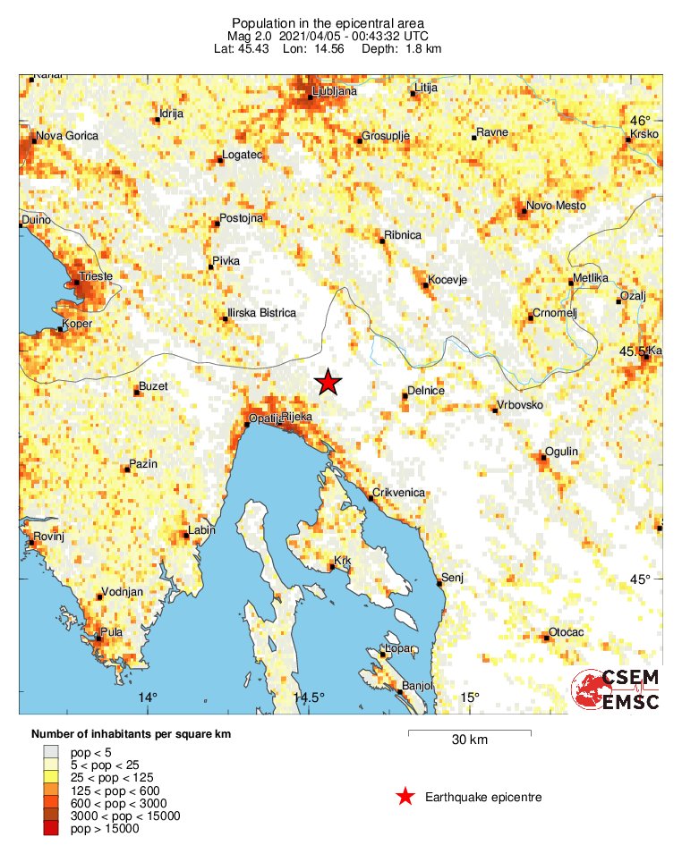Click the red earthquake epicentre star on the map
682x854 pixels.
pyautogui.click(x=328, y=382)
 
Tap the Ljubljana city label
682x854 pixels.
pyautogui.click(x=336, y=91)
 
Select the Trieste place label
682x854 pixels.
pyautogui.click(x=96, y=276)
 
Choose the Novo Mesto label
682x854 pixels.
pyautogui.click(x=556, y=206)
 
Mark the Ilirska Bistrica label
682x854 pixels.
pyautogui.click(x=261, y=313)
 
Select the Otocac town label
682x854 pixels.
pyautogui.click(x=566, y=632)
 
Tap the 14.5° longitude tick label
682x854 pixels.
pyautogui.click(x=309, y=698)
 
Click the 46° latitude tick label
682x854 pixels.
pyautogui.click(x=640, y=121)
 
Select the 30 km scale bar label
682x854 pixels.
pyautogui.click(x=469, y=740)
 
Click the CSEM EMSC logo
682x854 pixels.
pyautogui.click(x=617, y=689)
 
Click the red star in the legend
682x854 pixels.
pyautogui.click(x=405, y=797)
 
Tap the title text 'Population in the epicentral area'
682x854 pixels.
pyautogui.click(x=328, y=22)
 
